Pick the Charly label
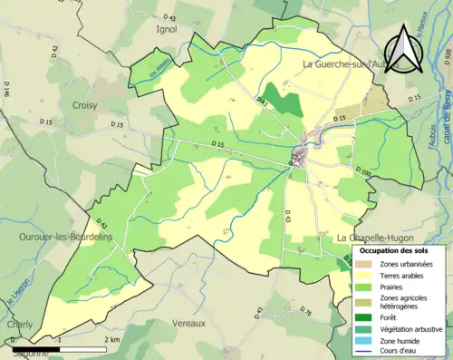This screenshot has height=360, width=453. click(x=19, y=323)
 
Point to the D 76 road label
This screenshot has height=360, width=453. click(x=306, y=313)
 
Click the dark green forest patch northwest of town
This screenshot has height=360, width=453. click(x=283, y=102)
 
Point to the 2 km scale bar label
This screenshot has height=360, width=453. click(x=112, y=338)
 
